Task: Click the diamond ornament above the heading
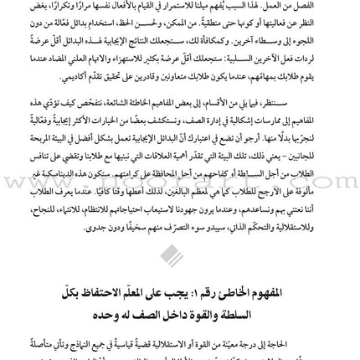click(172, 255)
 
